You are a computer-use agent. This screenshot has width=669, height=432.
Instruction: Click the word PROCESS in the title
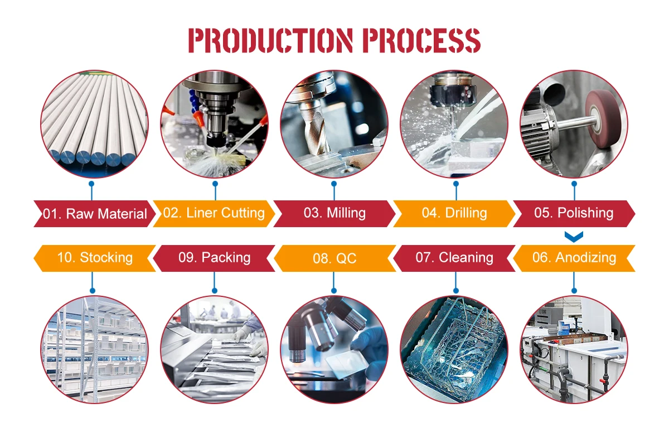tap(421, 41)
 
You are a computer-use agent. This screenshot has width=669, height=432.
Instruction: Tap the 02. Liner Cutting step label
tap(214, 213)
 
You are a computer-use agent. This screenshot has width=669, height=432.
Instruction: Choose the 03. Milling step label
tap(334, 213)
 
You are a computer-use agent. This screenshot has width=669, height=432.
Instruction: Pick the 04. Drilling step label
tap(454, 213)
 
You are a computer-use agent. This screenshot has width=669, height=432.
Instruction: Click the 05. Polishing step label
tap(574, 213)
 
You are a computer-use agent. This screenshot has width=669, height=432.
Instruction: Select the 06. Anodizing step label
tap(574, 258)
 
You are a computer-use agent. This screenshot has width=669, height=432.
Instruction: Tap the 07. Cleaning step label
tap(454, 258)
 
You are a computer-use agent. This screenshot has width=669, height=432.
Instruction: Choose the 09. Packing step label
tap(214, 258)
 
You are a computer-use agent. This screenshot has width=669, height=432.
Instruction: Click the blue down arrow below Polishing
tap(574, 237)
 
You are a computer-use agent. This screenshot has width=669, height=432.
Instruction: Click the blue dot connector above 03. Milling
tap(334, 183)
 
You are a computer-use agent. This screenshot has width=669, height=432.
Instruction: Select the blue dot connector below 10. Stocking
tap(93, 290)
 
